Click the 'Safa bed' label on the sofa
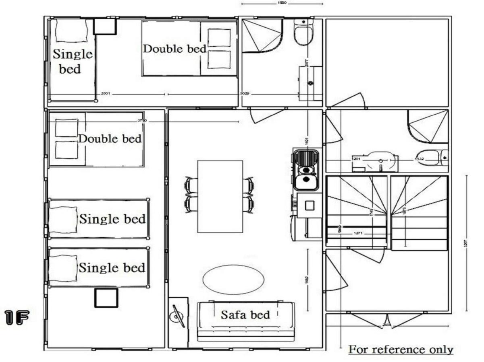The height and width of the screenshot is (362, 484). (x=245, y=314)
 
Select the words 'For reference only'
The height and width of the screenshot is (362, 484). (x=401, y=349)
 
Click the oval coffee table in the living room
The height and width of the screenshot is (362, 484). (x=233, y=279)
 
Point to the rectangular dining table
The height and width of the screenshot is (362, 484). (x=220, y=196)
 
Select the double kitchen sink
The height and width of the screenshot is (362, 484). (x=306, y=169)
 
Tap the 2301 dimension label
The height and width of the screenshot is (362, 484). (x=106, y=94)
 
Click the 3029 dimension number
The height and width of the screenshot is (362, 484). (x=244, y=94)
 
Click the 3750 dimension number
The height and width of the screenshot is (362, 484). (x=142, y=120)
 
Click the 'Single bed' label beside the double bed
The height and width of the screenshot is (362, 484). (x=73, y=61)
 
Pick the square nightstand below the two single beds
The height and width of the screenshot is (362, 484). (x=106, y=298)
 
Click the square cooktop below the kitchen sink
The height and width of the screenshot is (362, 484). (x=310, y=206)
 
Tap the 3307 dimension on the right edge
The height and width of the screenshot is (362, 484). (x=465, y=243)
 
